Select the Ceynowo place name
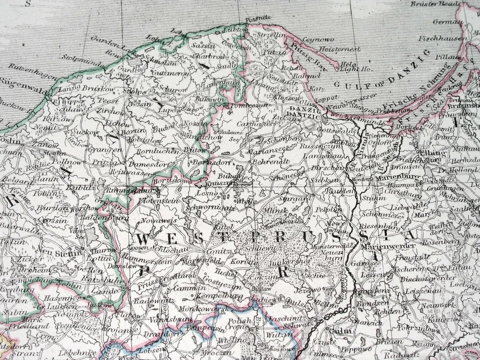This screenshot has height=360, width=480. (x=318, y=39)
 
